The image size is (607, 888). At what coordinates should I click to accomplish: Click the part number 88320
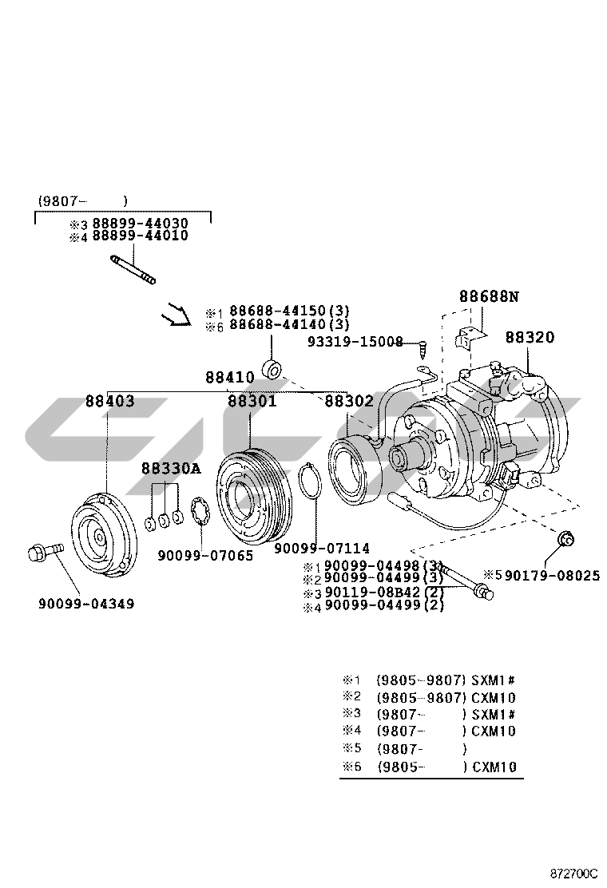tap(529, 338)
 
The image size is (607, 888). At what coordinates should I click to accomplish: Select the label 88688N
tap(489, 296)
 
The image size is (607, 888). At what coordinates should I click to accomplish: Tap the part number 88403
tap(110, 401)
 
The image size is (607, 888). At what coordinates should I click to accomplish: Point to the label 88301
tap(252, 401)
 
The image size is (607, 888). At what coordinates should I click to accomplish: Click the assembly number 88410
tap(229, 377)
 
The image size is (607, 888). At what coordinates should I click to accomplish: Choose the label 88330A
tap(171, 468)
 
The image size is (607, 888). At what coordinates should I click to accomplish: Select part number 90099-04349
tap(86, 604)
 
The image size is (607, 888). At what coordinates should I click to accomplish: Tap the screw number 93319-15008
tap(355, 342)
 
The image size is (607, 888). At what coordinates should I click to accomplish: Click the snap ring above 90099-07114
tap(310, 484)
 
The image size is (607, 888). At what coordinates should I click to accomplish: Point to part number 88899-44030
tap(140, 223)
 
